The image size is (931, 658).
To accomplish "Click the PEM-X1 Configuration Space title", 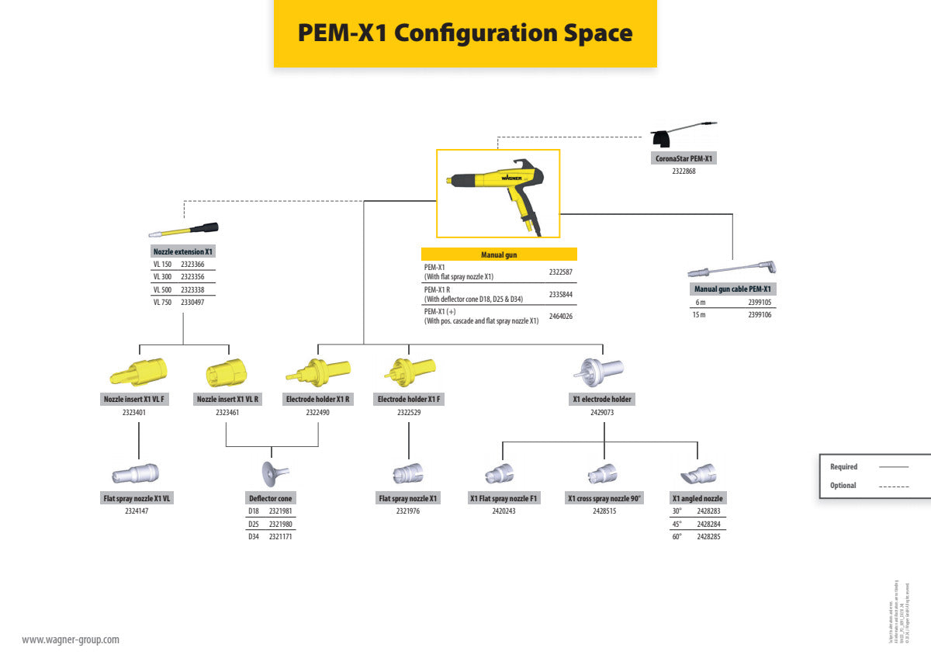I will pyautogui.click(x=465, y=33).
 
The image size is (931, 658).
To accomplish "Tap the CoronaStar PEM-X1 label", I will pyautogui.click(x=683, y=158).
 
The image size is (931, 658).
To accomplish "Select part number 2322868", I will pyautogui.click(x=684, y=171).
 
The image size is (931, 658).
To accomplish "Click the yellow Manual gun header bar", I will pyautogui.click(x=499, y=255).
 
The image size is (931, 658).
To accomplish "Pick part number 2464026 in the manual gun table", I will pyautogui.click(x=560, y=317).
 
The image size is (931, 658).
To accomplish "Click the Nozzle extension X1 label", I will pyautogui.click(x=183, y=252).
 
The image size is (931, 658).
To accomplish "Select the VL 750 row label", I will pyautogui.click(x=162, y=303).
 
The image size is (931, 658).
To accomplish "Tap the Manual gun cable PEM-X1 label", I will pyautogui.click(x=733, y=289).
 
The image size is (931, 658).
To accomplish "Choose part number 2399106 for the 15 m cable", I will pyautogui.click(x=760, y=314).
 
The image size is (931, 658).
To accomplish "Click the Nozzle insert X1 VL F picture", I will pyautogui.click(x=138, y=373).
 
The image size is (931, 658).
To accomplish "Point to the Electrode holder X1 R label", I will pyautogui.click(x=318, y=400).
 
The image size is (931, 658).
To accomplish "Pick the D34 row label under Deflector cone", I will pyautogui.click(x=254, y=536).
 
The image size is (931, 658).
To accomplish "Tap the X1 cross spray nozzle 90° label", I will pyautogui.click(x=604, y=499).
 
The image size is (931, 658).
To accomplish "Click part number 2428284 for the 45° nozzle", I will pyautogui.click(x=708, y=524).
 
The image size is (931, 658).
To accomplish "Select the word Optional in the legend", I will pyautogui.click(x=843, y=486).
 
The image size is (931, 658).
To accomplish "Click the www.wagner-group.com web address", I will pyautogui.click(x=71, y=640).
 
